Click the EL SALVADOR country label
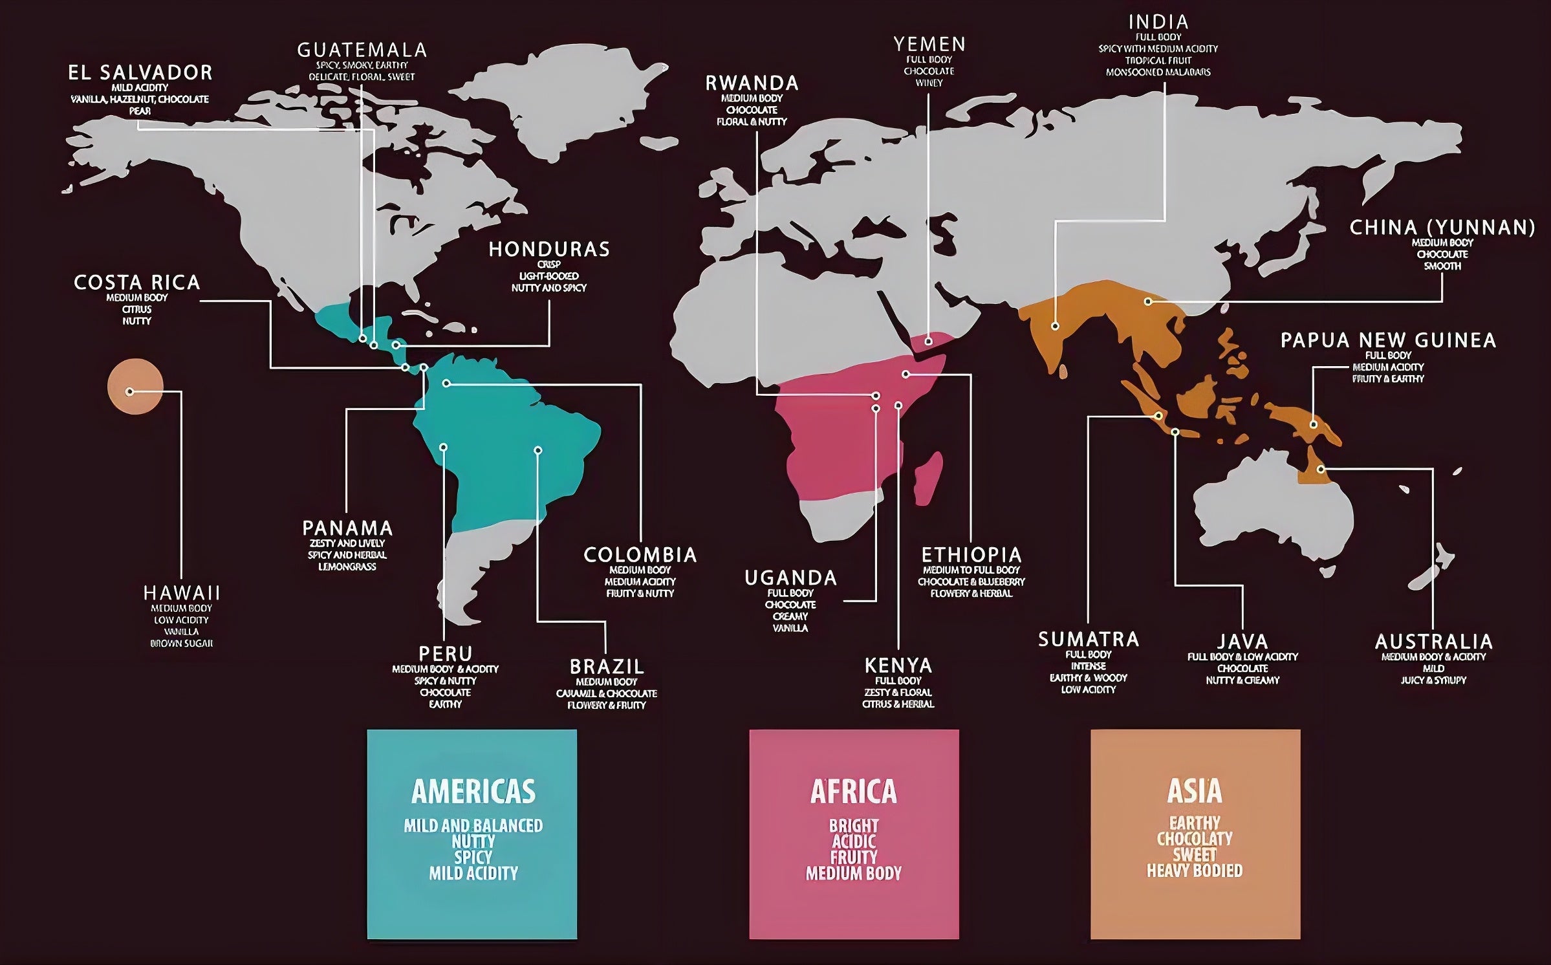(140, 72)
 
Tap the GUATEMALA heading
(362, 50)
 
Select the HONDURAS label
(549, 249)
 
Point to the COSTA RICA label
(137, 283)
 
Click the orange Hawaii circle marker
(135, 386)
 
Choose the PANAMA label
(347, 528)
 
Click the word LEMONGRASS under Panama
(347, 567)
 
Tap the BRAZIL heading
(607, 666)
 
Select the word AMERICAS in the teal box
(473, 791)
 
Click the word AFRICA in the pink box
(854, 791)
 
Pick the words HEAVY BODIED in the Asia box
(1195, 871)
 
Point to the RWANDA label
(752, 83)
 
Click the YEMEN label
(929, 44)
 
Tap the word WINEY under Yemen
(929, 83)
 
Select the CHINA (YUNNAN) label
(1442, 228)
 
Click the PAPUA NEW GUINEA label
(1388, 340)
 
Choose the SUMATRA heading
(1089, 639)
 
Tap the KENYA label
(898, 665)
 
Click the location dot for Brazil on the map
(538, 450)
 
